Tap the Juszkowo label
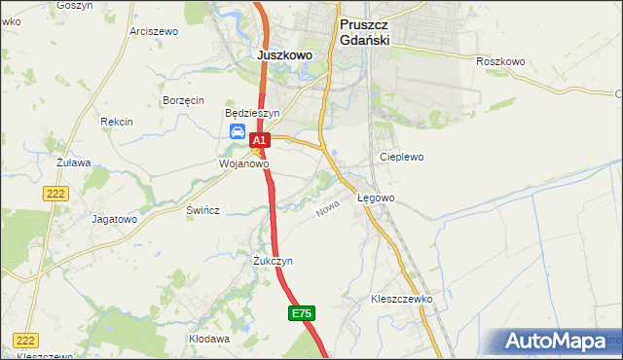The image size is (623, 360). (285, 55)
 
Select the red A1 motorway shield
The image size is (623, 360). (258, 142)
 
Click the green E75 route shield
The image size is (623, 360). (302, 313)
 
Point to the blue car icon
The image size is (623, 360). (237, 132)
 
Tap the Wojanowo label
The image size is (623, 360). (242, 164)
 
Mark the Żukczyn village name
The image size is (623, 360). (273, 261)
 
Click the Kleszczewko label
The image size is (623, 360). (401, 299)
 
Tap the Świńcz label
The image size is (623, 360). (202, 210)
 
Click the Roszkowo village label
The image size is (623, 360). (501, 61)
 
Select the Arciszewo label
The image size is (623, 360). (154, 31)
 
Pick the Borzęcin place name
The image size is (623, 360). (183, 100)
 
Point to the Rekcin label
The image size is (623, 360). (117, 122)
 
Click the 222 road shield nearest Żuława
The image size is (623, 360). (55, 195)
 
